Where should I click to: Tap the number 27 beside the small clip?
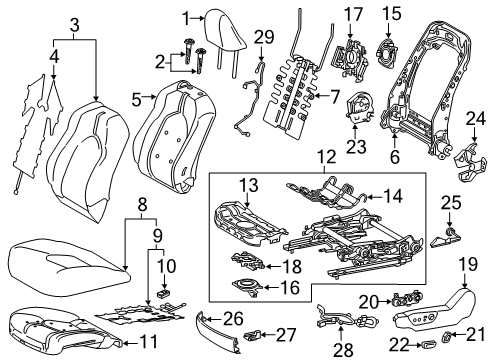pos(285,333)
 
